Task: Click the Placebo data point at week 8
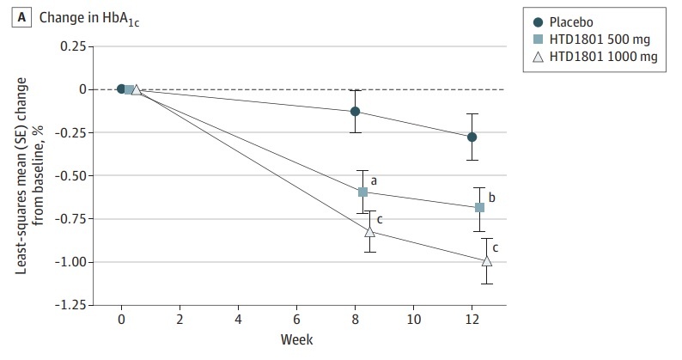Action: point(355,111)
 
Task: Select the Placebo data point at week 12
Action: point(472,137)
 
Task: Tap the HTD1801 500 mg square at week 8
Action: point(362,192)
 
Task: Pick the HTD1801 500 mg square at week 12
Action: point(479,207)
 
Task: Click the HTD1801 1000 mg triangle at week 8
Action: point(370,231)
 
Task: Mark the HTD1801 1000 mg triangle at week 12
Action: point(487,260)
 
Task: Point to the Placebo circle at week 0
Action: point(121,88)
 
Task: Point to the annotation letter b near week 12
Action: point(491,197)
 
